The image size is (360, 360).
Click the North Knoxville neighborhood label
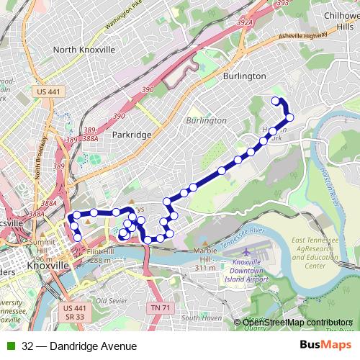click(84, 50)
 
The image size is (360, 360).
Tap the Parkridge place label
click(132, 135)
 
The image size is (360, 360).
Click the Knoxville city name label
click(47, 266)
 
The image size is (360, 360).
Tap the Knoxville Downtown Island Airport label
click(246, 271)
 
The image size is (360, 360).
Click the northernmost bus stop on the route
click(275, 100)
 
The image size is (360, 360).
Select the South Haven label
click(201, 318)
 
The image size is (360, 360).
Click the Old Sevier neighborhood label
click(112, 300)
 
